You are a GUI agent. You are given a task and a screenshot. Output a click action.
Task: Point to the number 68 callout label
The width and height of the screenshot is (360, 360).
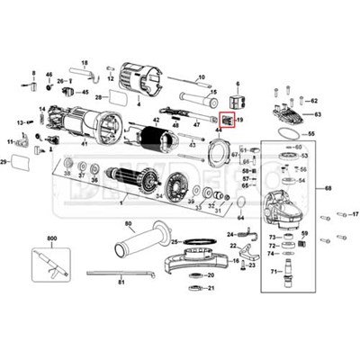click(328, 188)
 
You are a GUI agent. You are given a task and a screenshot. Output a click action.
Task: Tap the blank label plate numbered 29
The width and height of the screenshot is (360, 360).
click(20, 162)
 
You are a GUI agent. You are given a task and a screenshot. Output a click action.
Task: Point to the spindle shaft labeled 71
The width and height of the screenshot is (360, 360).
click(286, 270)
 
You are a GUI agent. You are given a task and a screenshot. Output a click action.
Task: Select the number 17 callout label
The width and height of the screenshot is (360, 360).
click(353, 214)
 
